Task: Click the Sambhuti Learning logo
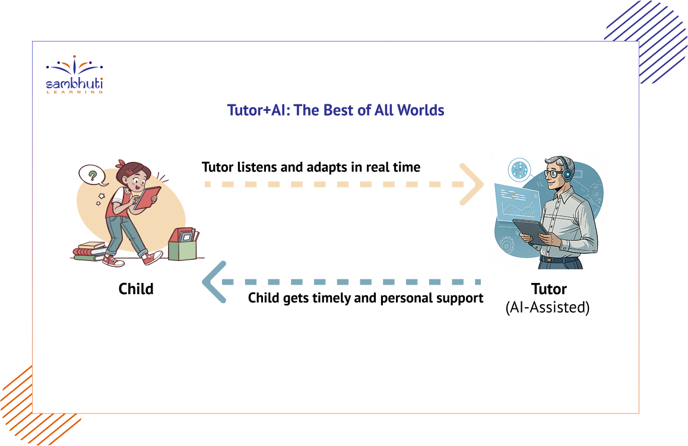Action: click(x=75, y=75)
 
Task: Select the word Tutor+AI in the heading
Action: click(x=257, y=110)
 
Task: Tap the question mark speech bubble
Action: click(x=93, y=176)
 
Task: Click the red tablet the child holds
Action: click(x=147, y=198)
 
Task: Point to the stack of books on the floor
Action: click(x=90, y=251)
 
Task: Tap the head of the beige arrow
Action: click(x=472, y=184)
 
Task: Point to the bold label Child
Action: click(x=136, y=289)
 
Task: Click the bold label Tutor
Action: click(x=549, y=289)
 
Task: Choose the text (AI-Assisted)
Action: click(x=547, y=307)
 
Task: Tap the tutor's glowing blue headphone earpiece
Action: click(x=567, y=174)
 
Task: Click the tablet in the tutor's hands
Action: click(x=531, y=231)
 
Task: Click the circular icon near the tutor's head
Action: click(x=519, y=170)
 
